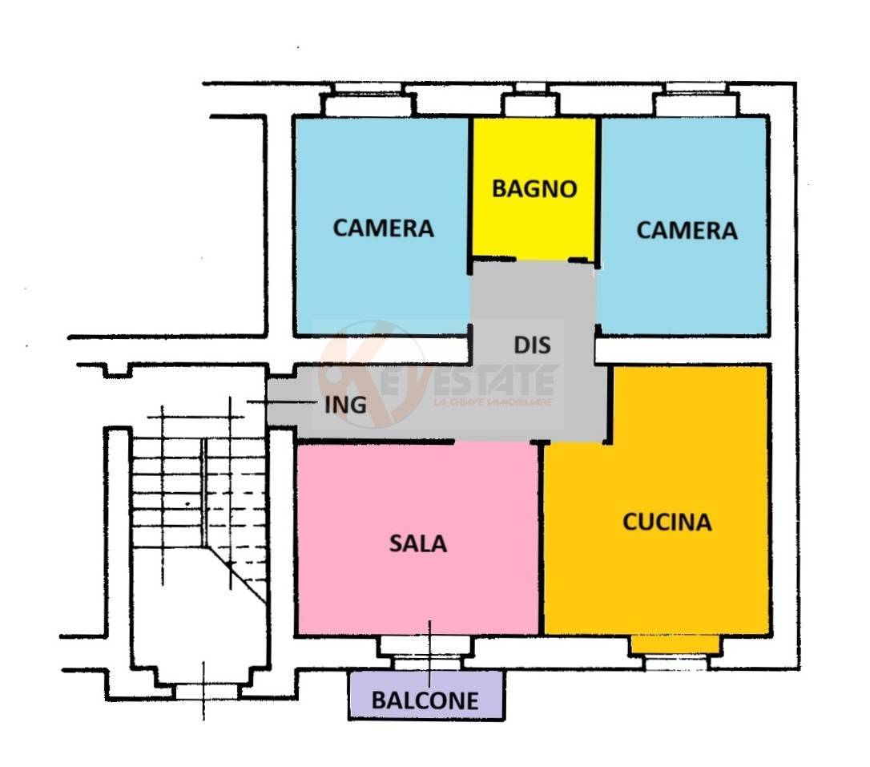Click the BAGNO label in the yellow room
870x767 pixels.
(x=534, y=189)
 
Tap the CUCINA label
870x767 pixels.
(x=667, y=522)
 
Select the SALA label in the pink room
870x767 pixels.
(x=417, y=543)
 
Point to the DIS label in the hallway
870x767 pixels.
(x=532, y=345)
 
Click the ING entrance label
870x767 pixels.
(x=345, y=405)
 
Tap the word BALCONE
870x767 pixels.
(x=425, y=700)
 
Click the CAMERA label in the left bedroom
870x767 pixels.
(x=383, y=228)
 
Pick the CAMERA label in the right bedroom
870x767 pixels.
(x=687, y=231)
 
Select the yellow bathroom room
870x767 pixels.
(x=534, y=224)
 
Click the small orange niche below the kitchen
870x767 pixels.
(x=675, y=644)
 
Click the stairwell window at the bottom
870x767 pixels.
(x=206, y=691)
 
